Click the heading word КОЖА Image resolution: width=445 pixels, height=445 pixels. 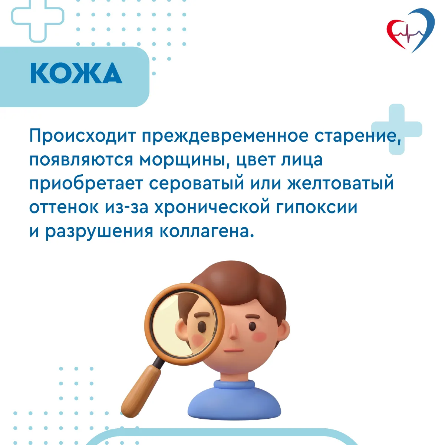coord(76,73)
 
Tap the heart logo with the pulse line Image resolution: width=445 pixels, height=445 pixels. coord(411,30)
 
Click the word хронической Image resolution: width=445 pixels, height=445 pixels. coord(212,208)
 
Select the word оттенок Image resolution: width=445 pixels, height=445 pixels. coord(64,208)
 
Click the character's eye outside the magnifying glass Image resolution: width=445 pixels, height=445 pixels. coord(253,326)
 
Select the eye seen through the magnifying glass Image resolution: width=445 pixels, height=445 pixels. coord(202,327)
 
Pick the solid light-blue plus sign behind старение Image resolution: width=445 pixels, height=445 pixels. coord(396,129)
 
